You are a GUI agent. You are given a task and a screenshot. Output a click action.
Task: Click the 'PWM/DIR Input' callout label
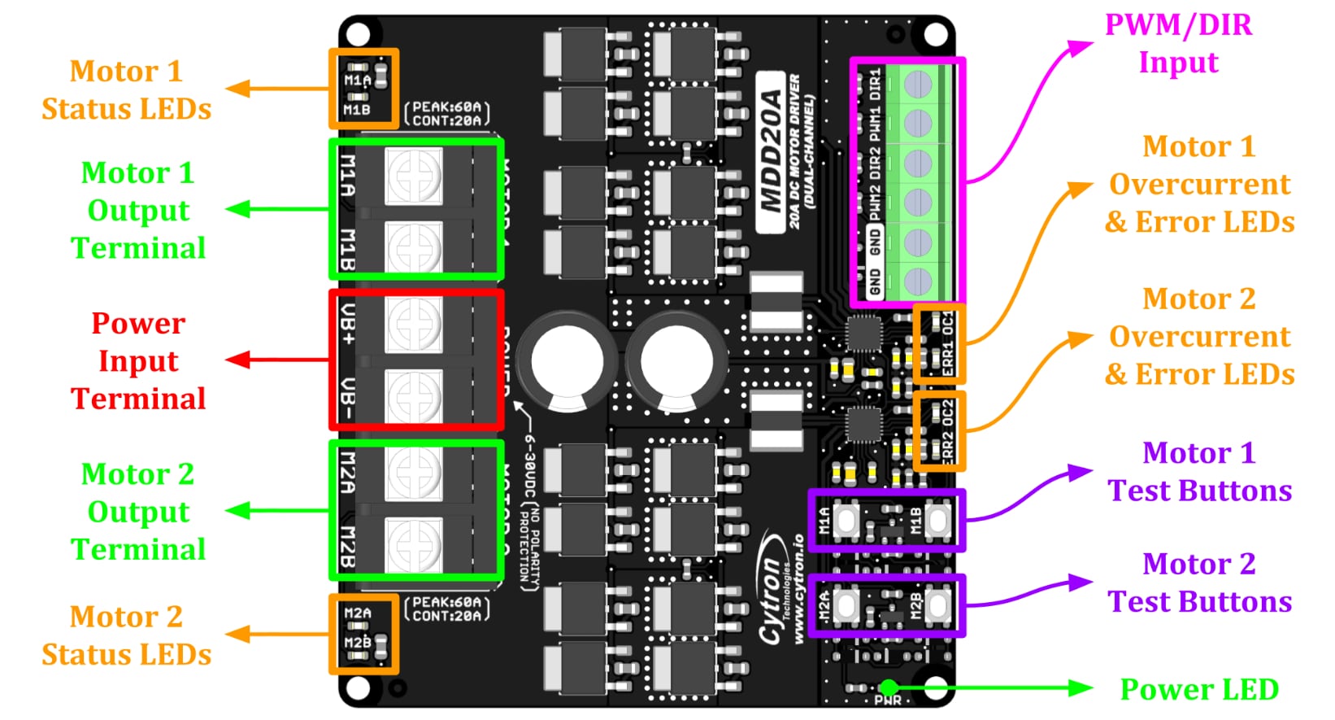[1178, 44]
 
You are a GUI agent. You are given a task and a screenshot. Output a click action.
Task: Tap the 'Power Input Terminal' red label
[138, 360]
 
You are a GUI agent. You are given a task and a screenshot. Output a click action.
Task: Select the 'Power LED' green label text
[1198, 689]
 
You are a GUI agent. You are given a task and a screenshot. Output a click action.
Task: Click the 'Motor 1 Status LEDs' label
[126, 89]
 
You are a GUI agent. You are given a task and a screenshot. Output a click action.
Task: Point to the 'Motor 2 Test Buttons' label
[1199, 583]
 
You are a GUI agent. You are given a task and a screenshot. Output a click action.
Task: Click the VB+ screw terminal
[414, 324]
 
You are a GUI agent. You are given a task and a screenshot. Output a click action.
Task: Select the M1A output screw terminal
[414, 176]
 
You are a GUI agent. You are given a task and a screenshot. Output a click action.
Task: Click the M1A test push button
[846, 520]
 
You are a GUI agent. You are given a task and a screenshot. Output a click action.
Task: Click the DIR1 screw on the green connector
[918, 85]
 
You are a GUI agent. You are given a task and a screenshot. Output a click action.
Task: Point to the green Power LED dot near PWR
[889, 688]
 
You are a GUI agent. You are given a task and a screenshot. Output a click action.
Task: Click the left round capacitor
[567, 360]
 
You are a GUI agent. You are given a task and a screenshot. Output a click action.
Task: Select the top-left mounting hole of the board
[358, 35]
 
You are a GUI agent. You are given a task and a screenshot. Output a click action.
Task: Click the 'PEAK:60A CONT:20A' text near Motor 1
[447, 114]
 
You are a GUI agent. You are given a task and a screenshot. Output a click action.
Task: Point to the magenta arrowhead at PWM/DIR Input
[1082, 47]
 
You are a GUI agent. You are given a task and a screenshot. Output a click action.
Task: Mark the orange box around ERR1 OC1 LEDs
[939, 343]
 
